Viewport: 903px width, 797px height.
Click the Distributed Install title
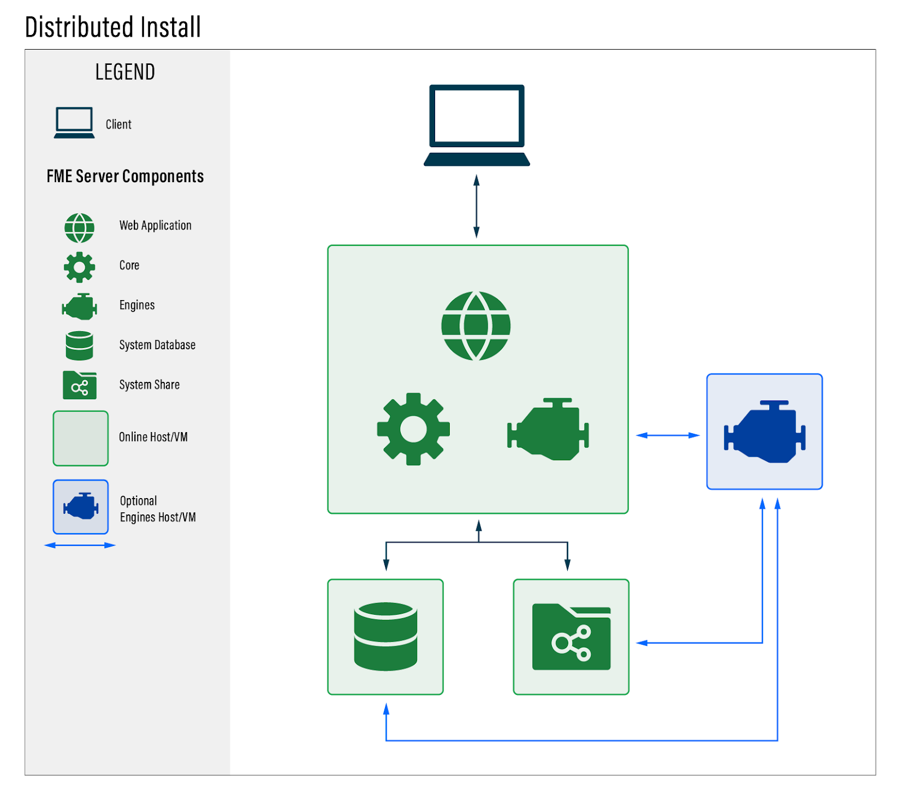point(113,27)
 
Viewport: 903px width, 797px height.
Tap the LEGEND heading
point(125,72)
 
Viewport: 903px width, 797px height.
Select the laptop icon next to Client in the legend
point(74,122)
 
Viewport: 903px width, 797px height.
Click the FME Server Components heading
point(125,176)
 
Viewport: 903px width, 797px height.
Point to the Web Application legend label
point(155,226)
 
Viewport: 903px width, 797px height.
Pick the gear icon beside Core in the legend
point(80,267)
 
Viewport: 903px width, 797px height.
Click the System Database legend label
point(157,345)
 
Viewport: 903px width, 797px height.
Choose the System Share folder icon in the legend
point(80,385)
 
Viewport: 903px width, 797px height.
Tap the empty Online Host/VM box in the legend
point(81,438)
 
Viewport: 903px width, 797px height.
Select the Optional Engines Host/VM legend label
point(158,509)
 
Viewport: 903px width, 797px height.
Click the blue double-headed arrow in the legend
point(80,545)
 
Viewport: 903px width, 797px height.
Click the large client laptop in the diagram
point(477,125)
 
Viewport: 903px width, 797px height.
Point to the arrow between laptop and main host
point(476,206)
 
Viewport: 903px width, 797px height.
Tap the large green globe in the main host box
point(476,326)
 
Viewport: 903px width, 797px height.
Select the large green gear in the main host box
point(414,429)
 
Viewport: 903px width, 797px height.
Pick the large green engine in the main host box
point(548,429)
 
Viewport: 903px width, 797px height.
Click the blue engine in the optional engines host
point(765,432)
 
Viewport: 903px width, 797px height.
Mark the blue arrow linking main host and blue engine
point(668,435)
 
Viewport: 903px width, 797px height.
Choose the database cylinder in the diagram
point(385,637)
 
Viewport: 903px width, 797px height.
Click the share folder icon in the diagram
point(571,637)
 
